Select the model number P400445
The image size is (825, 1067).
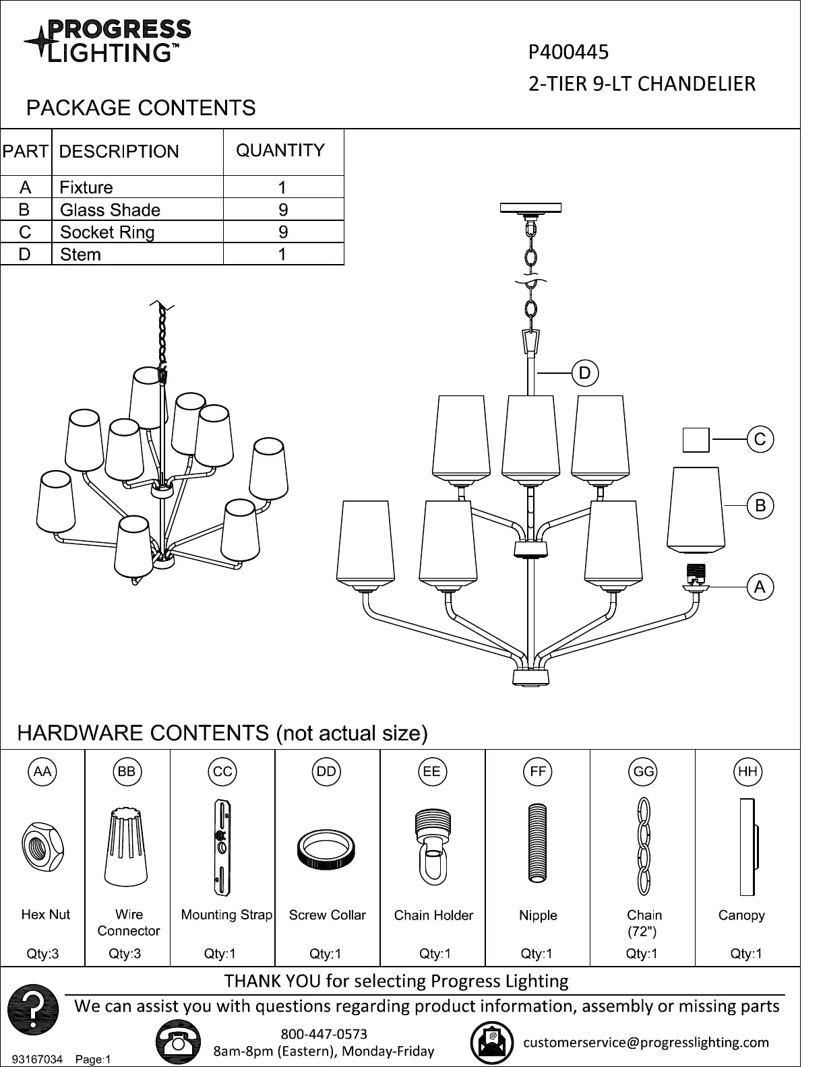(568, 52)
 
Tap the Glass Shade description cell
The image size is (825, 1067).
(110, 209)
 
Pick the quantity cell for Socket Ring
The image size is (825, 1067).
(283, 232)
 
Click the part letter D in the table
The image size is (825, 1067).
(25, 254)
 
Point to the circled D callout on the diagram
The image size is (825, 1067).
(584, 373)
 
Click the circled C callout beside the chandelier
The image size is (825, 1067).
(760, 439)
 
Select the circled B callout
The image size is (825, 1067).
(760, 505)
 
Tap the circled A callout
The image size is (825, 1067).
(760, 587)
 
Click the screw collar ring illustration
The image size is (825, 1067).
(326, 851)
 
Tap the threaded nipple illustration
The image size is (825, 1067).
(537, 842)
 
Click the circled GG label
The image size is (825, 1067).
(643, 771)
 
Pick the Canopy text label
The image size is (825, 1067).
(741, 915)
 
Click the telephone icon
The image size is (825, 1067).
(178, 1042)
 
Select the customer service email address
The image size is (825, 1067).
(646, 1042)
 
